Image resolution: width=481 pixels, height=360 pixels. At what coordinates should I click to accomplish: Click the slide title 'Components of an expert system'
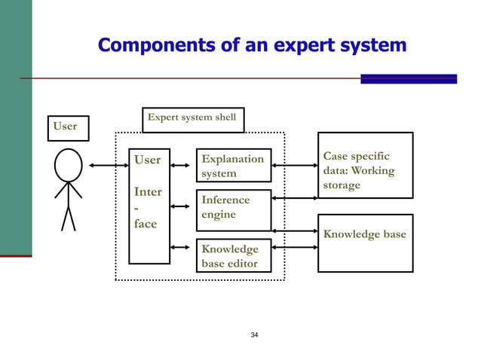(252, 46)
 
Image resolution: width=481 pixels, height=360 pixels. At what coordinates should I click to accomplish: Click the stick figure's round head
(68, 166)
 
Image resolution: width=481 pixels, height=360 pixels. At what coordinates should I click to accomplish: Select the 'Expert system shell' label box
(193, 118)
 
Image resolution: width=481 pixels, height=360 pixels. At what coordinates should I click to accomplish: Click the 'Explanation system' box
(233, 166)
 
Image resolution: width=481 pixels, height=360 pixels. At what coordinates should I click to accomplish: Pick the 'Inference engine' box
(233, 208)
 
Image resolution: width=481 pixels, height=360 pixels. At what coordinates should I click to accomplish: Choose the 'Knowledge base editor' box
(233, 256)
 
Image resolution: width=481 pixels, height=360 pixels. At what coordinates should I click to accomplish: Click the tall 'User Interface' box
(149, 205)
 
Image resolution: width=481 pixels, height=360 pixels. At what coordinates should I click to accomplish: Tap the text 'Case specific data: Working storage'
(357, 170)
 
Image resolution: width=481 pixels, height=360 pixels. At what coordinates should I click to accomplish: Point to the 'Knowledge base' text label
(364, 234)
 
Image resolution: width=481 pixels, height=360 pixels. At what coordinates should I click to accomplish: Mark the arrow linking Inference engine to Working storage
(293, 198)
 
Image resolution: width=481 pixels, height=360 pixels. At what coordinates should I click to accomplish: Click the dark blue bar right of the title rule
(409, 78)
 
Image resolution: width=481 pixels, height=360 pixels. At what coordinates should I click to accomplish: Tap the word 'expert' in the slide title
(290, 46)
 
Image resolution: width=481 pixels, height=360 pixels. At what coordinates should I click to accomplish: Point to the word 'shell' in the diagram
(223, 117)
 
